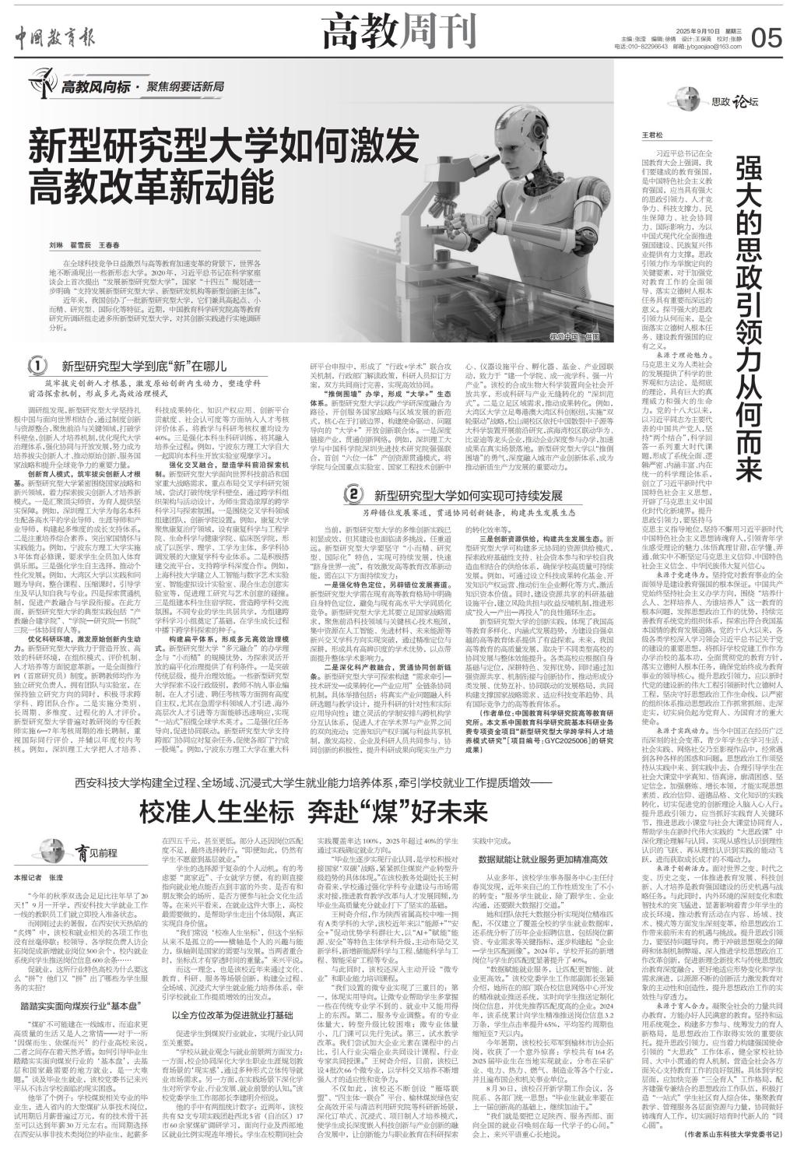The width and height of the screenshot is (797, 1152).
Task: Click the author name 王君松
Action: tap(650, 135)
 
